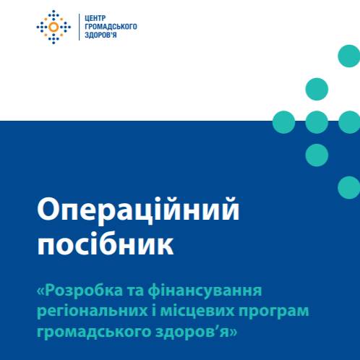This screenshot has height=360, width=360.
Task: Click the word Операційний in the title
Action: click(x=138, y=211)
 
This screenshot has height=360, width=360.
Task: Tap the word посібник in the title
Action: click(x=106, y=244)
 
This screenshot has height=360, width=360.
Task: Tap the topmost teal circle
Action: click(x=349, y=56)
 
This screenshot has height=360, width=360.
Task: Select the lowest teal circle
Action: click(x=349, y=187)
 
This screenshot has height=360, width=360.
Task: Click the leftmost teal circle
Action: click(x=283, y=122)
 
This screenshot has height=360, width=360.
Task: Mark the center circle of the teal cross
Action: click(x=317, y=122)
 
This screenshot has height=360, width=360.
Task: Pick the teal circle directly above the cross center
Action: click(x=317, y=89)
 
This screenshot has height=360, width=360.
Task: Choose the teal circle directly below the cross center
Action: click(x=317, y=155)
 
